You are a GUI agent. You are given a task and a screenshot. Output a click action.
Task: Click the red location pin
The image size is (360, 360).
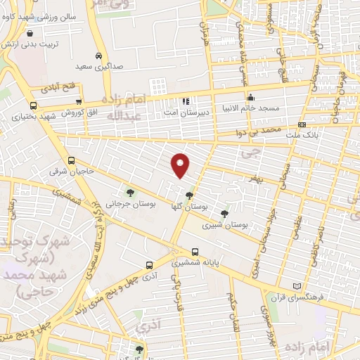(x=181, y=165)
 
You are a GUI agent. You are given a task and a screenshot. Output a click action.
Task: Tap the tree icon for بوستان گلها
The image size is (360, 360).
(x=188, y=195)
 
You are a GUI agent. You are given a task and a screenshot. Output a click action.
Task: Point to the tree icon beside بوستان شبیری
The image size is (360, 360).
(x=224, y=214)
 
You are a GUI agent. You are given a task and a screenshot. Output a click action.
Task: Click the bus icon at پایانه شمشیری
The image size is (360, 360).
(x=195, y=252)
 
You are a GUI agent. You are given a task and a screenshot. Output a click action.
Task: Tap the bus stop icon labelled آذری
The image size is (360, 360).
(x=149, y=265)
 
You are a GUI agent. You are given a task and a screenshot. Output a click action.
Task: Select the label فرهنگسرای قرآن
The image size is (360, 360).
(x=319, y=297)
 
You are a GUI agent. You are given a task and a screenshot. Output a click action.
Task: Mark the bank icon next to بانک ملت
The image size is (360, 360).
(x=302, y=124)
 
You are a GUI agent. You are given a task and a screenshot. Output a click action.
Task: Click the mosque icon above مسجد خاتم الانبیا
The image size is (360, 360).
(x=250, y=97)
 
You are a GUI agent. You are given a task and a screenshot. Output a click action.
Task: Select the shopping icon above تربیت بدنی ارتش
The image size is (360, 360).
(x=29, y=32)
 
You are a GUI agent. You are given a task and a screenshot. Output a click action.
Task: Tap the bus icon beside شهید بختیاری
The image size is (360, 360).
(x=33, y=115)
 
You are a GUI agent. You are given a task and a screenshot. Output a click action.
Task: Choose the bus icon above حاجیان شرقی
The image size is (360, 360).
(x=71, y=160)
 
